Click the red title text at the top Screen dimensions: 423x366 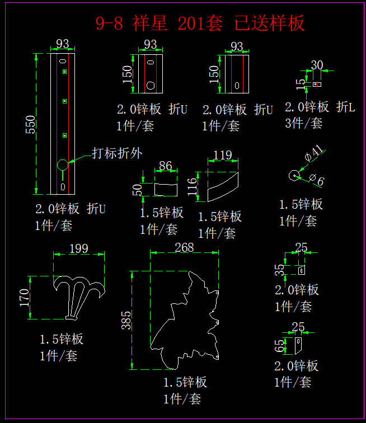click(x=200, y=23)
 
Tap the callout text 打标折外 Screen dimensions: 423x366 click(x=117, y=153)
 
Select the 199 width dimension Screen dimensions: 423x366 click(x=79, y=248)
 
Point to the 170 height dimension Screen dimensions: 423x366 click(x=25, y=297)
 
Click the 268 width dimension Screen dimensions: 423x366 click(x=184, y=247)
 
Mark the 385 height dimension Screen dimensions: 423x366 click(x=126, y=320)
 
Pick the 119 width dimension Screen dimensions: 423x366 click(x=223, y=154)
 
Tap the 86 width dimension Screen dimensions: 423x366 click(x=166, y=166)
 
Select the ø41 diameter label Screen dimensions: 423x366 click(x=314, y=153)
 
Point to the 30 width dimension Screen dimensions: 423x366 click(x=317, y=65)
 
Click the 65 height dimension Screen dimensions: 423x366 click(x=280, y=346)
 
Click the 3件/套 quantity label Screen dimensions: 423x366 click(x=304, y=123)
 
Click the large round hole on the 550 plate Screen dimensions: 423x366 click(x=62, y=164)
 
